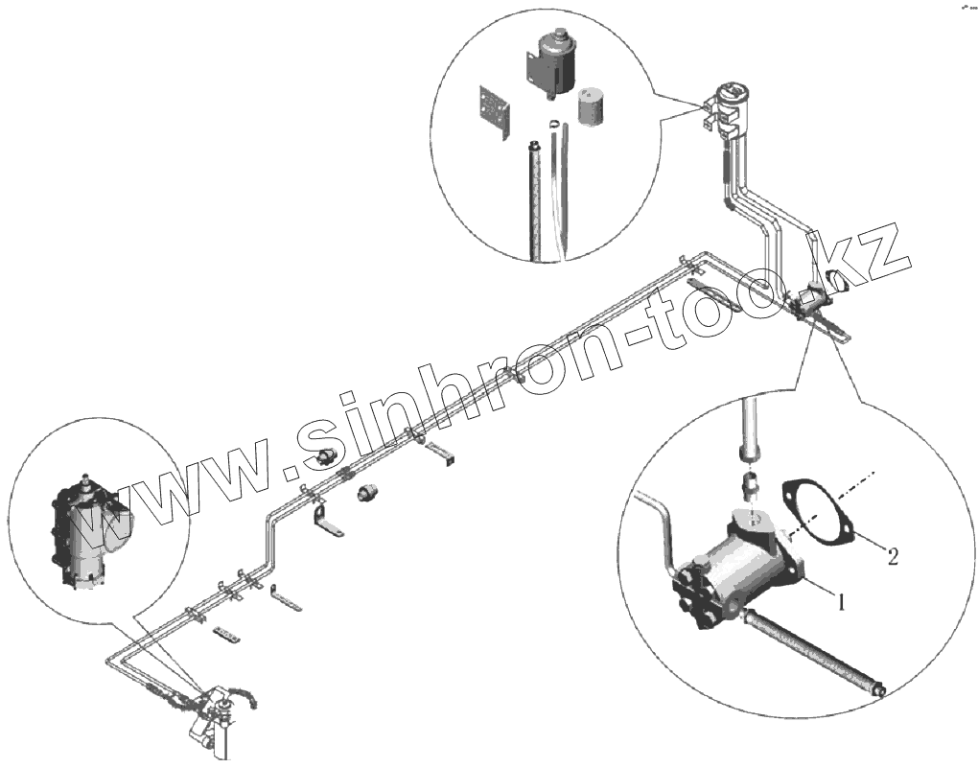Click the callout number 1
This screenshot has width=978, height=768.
(x=841, y=602)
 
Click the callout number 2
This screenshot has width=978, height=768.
(x=893, y=555)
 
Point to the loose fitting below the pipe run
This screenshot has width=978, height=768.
(x=367, y=494)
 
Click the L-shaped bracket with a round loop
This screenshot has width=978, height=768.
(x=326, y=525)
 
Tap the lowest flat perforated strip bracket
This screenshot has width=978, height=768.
(x=227, y=636)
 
